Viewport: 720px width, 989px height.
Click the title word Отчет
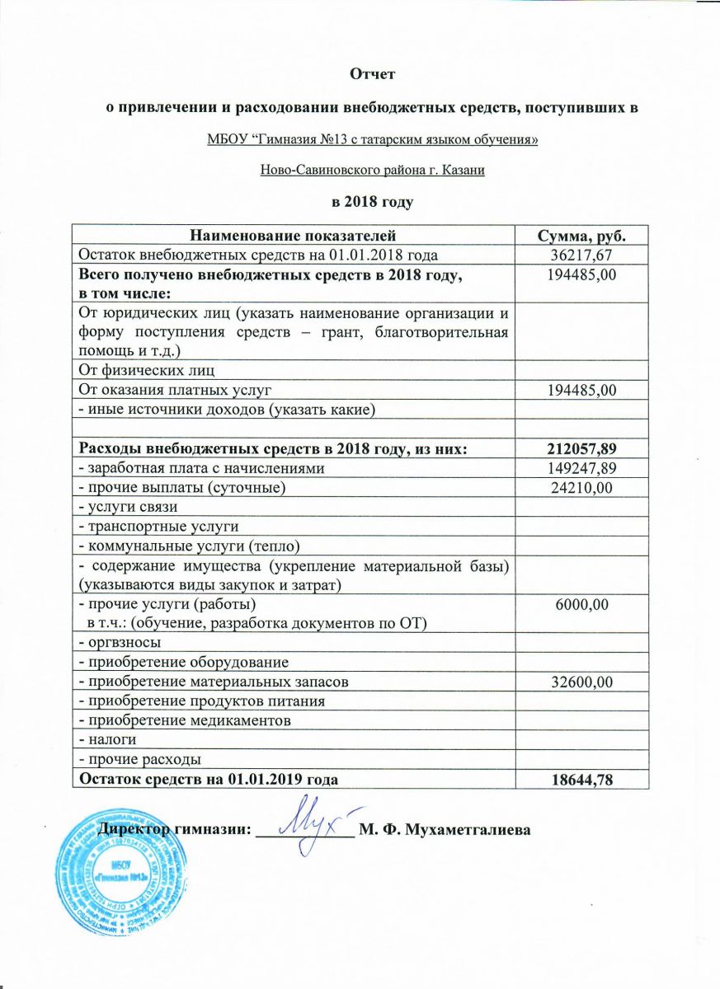373,74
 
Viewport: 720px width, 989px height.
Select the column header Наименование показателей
293,237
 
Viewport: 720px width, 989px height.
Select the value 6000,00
582,605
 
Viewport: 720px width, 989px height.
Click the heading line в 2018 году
372,201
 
